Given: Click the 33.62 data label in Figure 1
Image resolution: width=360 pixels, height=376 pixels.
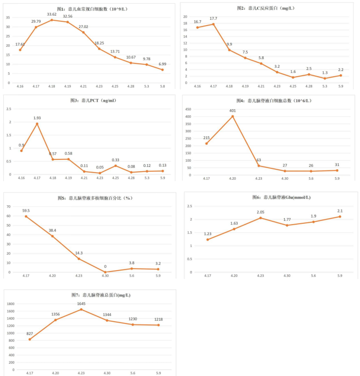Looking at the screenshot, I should click(52, 14).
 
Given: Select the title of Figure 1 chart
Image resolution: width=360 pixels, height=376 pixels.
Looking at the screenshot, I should click(92, 9).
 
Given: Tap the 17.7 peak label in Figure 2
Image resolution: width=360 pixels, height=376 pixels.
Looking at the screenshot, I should click(213, 19).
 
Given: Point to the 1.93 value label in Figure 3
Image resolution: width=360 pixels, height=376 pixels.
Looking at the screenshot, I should click(37, 118).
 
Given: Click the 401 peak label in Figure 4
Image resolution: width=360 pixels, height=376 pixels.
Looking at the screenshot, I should click(232, 111).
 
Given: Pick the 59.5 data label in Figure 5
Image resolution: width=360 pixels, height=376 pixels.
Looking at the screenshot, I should click(26, 211).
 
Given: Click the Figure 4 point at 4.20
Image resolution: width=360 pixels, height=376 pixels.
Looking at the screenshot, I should click(232, 116).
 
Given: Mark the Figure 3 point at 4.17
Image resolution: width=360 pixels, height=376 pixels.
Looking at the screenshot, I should click(37, 124).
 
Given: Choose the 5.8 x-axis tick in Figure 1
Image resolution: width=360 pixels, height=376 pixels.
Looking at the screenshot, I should click(162, 87).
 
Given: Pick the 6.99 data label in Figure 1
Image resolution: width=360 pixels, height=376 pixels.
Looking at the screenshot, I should click(162, 64).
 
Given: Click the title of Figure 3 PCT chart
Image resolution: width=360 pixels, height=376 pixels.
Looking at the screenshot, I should click(92, 100).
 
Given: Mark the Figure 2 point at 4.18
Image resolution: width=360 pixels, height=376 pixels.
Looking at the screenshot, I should click(229, 50).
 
